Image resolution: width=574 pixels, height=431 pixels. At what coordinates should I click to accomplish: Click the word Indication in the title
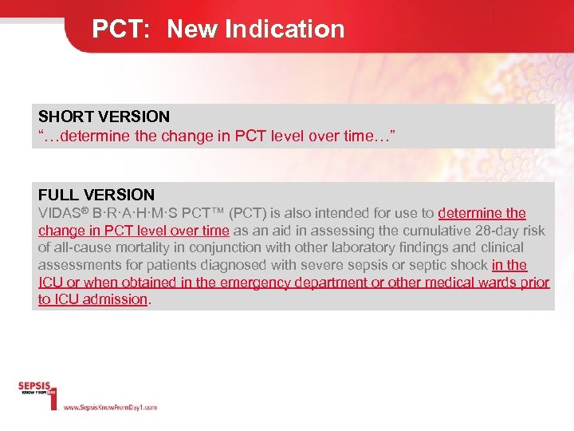[x=285, y=30]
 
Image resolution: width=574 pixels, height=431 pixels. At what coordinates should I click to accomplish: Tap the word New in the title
[x=192, y=30]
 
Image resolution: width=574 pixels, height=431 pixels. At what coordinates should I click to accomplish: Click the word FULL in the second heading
[x=56, y=195]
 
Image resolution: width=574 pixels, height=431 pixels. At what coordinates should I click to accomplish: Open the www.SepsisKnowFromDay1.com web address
[x=110, y=407]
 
